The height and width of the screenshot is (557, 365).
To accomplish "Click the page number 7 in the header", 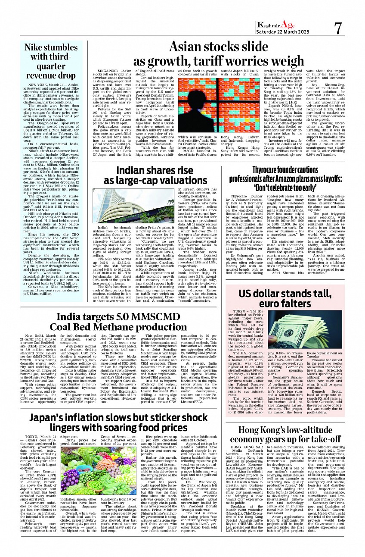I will coord(338,29).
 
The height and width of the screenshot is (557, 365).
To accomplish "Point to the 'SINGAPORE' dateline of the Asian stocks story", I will coord(108,70).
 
